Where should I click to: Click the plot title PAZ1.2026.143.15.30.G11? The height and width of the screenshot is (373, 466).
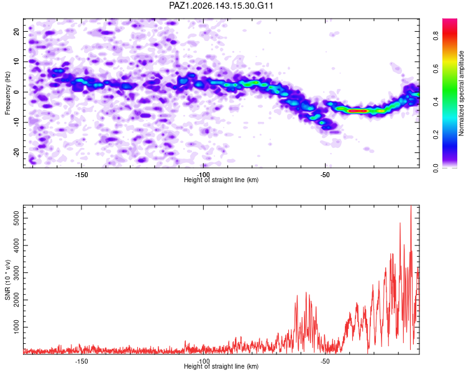pos(221,6)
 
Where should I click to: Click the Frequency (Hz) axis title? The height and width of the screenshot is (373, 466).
pos(7,93)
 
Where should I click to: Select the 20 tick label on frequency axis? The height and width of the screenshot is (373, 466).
pos(17,31)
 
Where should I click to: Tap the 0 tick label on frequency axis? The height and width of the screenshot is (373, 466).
pos(17,92)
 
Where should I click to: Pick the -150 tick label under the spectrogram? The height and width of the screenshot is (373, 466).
pos(81,175)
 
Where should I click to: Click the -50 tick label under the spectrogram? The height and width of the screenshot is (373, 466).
pos(325,175)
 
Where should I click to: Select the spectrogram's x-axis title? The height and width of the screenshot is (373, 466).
pos(221,180)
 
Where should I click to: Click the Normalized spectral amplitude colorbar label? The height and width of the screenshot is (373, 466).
pos(461,93)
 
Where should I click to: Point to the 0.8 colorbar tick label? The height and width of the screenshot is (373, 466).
pos(436,36)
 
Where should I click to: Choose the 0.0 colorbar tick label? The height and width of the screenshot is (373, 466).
pos(436,168)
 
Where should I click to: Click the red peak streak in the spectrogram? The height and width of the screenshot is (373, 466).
pos(358,111)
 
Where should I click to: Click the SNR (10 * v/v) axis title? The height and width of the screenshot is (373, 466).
pos(7,280)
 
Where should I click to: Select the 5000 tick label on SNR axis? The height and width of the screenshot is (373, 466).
pos(17,218)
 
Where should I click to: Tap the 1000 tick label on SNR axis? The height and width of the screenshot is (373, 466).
pos(17,327)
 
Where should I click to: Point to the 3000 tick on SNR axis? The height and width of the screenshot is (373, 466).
pos(24,273)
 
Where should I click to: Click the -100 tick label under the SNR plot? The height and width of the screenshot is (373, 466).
pos(203,361)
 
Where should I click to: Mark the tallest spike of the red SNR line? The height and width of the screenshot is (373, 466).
pos(411,206)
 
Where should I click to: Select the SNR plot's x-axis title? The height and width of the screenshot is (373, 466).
pos(221,366)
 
